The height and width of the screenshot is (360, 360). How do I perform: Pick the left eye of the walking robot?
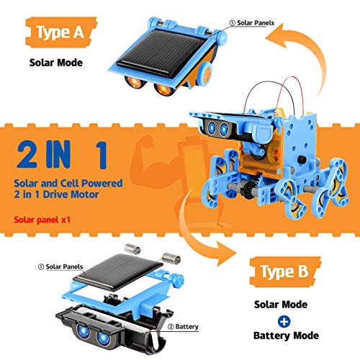pyautogui.click(x=215, y=129)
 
